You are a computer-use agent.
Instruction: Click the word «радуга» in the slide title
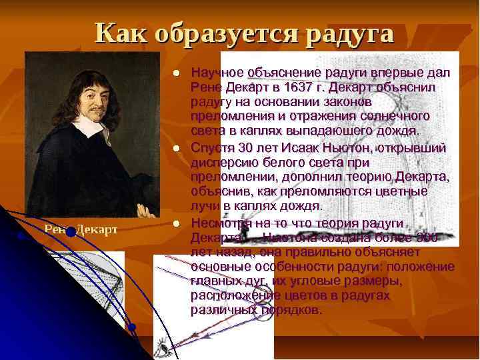click(x=350, y=33)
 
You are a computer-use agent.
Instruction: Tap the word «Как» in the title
click(x=117, y=33)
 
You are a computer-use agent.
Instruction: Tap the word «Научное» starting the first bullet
click(x=216, y=72)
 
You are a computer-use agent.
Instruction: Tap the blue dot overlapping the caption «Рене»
click(x=70, y=232)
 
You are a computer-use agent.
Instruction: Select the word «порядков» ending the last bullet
click(x=294, y=310)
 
